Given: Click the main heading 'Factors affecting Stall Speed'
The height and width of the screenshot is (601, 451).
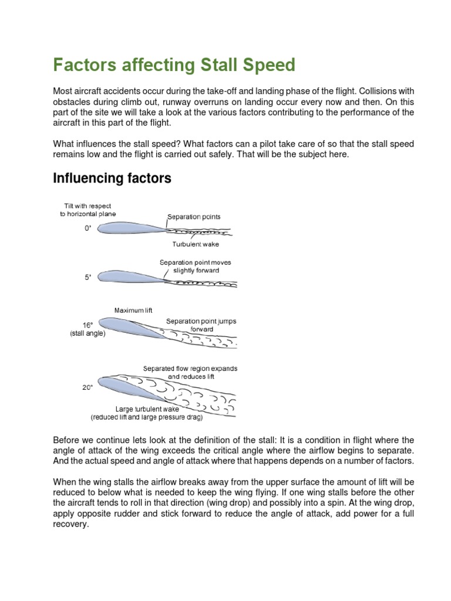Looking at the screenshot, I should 174,65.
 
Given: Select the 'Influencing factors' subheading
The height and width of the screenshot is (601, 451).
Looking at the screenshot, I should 112,178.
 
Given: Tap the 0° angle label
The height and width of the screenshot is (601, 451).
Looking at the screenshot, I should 88,229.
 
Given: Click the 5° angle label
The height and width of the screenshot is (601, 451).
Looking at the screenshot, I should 87,277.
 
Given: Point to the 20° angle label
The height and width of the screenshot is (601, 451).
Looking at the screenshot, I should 88,387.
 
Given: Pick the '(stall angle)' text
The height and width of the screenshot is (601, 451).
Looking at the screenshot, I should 87,333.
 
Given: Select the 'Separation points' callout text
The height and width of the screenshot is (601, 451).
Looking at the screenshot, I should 194,217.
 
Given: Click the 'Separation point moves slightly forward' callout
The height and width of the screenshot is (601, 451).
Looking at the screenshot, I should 196,266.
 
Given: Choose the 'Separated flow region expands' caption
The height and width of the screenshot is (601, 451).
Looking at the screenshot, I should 190,369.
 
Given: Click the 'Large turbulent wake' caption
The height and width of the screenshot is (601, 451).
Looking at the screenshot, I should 146,408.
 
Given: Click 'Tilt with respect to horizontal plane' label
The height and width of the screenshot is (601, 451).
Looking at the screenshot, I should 90,210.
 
